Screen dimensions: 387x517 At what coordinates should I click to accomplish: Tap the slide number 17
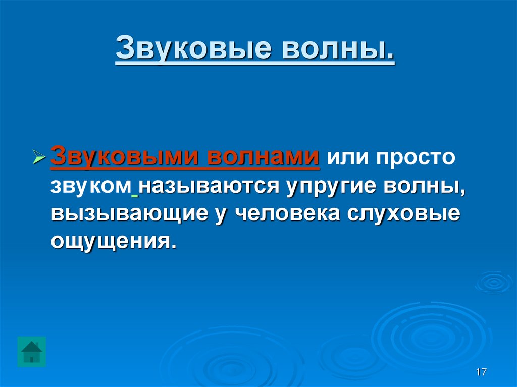coord(481,373)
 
